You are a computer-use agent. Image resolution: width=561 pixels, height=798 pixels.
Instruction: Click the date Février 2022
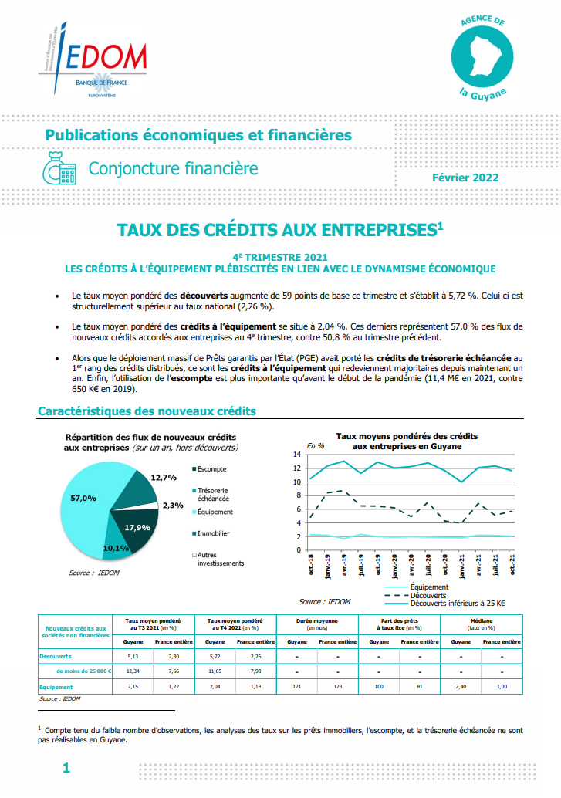465,178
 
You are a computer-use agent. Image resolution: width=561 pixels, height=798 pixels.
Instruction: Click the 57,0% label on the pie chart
83,498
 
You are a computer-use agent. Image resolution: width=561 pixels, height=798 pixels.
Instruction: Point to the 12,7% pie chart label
164,478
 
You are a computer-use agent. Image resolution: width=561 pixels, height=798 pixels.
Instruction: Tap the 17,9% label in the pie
137,528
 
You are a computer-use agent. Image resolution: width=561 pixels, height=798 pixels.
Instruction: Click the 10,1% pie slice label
115,548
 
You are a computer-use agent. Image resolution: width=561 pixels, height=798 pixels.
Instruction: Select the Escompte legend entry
211,469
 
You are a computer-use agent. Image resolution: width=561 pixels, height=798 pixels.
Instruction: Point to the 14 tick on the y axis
296,455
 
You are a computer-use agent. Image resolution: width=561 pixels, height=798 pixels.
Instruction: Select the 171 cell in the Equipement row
296,686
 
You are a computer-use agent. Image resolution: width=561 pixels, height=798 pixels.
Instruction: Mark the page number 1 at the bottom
66,768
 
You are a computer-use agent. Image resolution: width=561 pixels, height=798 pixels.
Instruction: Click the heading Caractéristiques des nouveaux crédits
147,412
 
